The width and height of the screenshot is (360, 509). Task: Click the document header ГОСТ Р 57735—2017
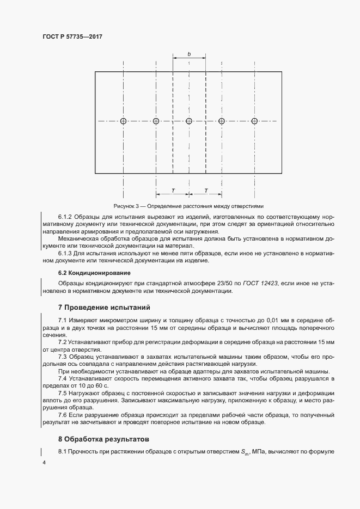pyautogui.click(x=72, y=36)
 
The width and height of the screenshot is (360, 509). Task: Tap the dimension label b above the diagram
pyautogui.click(x=189, y=54)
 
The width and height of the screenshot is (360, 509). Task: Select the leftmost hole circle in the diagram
pyautogui.click(x=124, y=121)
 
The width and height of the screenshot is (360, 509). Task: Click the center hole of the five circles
pyautogui.click(x=189, y=121)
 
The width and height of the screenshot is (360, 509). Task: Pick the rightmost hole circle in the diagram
pyautogui.click(x=254, y=121)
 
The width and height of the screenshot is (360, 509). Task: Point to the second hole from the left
pyautogui.click(x=156, y=121)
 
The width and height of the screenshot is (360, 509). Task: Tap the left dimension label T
pyautogui.click(x=173, y=190)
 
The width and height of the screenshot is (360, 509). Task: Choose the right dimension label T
pyautogui.click(x=206, y=190)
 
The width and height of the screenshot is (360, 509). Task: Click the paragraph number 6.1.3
pyautogui.click(x=66, y=253)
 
